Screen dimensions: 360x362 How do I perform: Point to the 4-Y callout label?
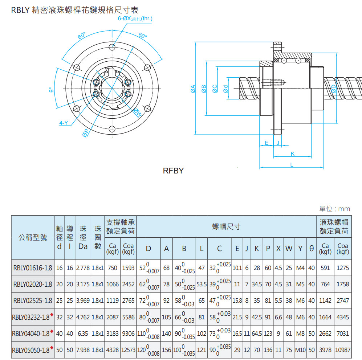pyautogui.click(x=64, y=123)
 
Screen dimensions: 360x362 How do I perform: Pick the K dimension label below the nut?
pyautogui.click(x=292, y=154)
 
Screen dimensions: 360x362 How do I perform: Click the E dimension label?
pyautogui.click(x=267, y=143)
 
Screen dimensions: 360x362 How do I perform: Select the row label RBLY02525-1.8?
pyautogui.click(x=33, y=301)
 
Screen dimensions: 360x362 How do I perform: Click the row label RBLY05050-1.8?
pyautogui.click(x=30, y=350)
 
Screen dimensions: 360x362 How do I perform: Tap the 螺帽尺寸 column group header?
pyautogui.click(x=226, y=227)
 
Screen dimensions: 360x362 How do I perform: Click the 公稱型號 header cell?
pyautogui.click(x=33, y=238)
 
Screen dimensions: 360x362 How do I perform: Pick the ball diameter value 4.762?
pyautogui.click(x=83, y=317)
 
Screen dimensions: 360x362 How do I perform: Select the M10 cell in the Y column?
pyautogui.click(x=300, y=350)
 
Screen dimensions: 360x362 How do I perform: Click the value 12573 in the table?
pyautogui.click(x=129, y=350)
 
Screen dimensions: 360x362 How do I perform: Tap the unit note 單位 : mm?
pyautogui.click(x=334, y=209)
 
